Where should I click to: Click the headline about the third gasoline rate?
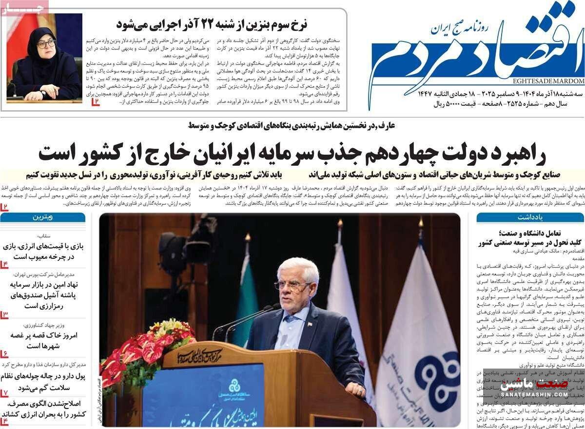click(x=212, y=24)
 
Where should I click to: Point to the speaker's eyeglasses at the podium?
click(x=292, y=285)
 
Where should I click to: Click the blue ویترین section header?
click(x=43, y=217)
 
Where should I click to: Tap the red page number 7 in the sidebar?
click(x=4, y=392)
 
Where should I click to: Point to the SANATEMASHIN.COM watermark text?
click(x=534, y=393)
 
